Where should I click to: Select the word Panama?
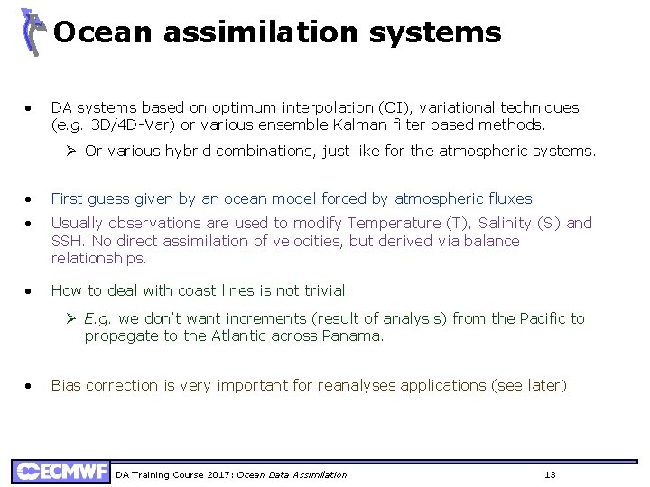click(x=353, y=335)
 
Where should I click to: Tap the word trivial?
click(x=325, y=290)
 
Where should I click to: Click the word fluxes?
click(x=511, y=198)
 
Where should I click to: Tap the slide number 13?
click(x=550, y=474)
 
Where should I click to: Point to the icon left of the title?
click(x=33, y=32)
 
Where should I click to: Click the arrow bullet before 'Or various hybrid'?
click(x=73, y=151)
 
